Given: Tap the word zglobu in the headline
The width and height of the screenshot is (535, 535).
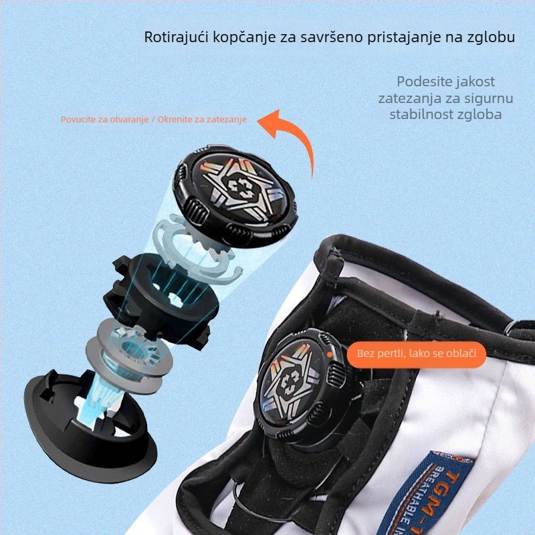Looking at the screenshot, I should (x=492, y=36).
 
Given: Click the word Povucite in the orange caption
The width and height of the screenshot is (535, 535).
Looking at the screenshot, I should (x=80, y=120).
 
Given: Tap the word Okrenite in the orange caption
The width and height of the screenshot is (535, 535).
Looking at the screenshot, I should (x=175, y=120).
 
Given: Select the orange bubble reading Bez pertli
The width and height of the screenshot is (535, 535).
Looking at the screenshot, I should (x=416, y=353).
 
